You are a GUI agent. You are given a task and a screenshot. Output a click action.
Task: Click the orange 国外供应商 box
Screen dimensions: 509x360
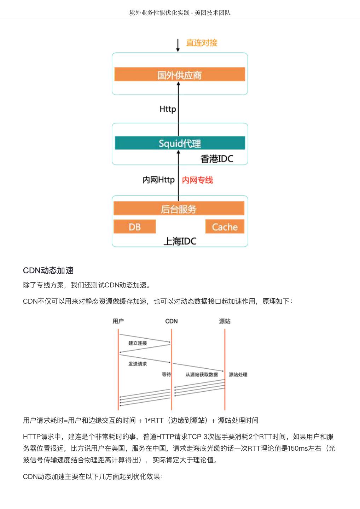pyautogui.click(x=180, y=75)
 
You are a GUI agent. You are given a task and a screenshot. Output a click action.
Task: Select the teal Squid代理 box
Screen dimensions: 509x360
pyautogui.click(x=180, y=143)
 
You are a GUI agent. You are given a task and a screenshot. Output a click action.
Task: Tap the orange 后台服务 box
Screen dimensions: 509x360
pyautogui.click(x=179, y=209)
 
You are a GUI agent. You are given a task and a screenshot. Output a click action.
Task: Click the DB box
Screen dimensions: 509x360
pyautogui.click(x=134, y=227)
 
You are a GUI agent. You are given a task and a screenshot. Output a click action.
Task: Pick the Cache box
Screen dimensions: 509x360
pyautogui.click(x=225, y=227)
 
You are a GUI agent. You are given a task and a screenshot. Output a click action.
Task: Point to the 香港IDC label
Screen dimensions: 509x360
pyautogui.click(x=217, y=159)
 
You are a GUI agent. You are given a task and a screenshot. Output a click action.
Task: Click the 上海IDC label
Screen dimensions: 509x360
pyautogui.click(x=180, y=241)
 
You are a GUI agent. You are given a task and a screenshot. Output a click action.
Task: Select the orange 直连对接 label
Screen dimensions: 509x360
pyautogui.click(x=202, y=43)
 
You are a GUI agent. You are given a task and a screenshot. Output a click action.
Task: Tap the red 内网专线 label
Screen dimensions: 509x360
pyautogui.click(x=197, y=180)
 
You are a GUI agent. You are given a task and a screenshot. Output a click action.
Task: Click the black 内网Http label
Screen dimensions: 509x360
pyautogui.click(x=158, y=180)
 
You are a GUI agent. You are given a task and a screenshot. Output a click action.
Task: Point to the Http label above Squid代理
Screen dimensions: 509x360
pyautogui.click(x=168, y=109)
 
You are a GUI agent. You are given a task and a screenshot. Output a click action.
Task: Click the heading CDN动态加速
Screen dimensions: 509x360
pyautogui.click(x=48, y=270)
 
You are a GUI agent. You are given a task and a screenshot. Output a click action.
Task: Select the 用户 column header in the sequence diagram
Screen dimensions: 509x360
pyautogui.click(x=118, y=321)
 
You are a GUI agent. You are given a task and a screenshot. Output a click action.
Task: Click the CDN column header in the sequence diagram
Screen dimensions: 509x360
pyautogui.click(x=172, y=321)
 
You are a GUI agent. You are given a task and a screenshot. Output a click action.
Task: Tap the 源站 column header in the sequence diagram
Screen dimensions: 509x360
pyautogui.click(x=225, y=321)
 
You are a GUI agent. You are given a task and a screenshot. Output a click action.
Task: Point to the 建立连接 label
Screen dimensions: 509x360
pyautogui.click(x=138, y=343)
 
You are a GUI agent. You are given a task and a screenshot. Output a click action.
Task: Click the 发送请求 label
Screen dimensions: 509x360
pyautogui.click(x=138, y=364)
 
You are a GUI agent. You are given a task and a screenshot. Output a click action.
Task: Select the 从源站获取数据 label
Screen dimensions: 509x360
pyautogui.click(x=202, y=375)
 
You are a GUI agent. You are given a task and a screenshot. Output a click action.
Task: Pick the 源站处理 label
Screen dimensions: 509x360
pyautogui.click(x=238, y=375)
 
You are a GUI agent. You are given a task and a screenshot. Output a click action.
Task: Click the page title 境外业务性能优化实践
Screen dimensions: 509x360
pyautogui.click(x=159, y=13)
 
